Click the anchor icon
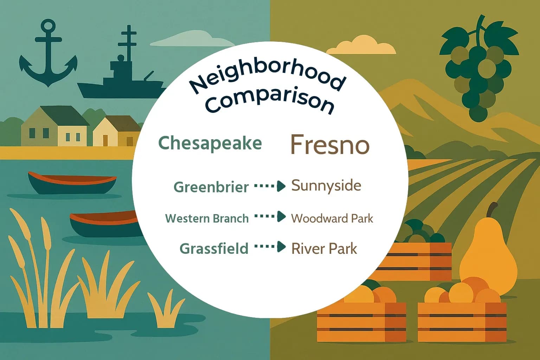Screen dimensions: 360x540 (48, 56)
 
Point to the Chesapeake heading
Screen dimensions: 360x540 (210, 143)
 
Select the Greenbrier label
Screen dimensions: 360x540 (211, 187)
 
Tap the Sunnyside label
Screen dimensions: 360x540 (326, 186)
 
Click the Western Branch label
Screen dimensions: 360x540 (207, 218)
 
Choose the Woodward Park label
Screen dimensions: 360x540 (332, 218)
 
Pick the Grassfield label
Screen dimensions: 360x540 (214, 249)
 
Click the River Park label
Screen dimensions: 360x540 (324, 249)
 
